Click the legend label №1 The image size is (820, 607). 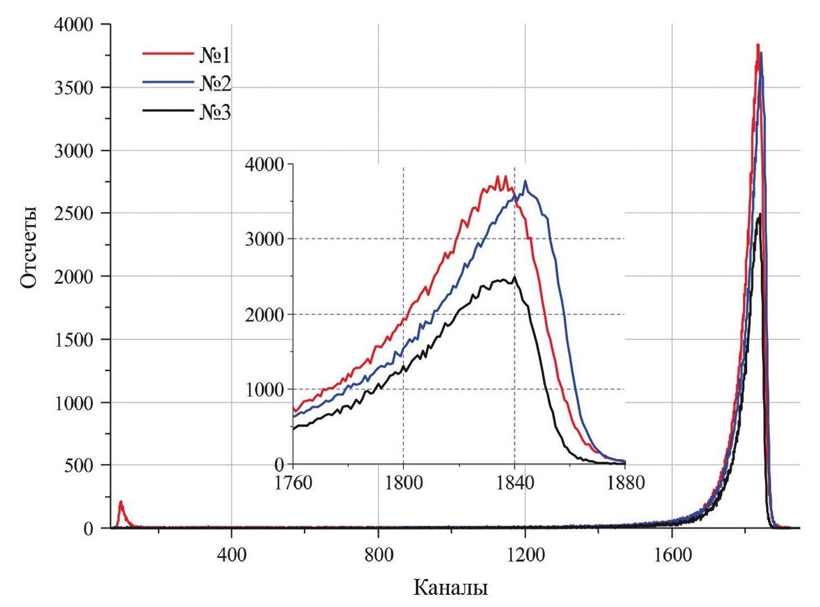[x=215, y=56]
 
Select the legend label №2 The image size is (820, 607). [x=215, y=84]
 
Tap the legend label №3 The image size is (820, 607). [x=215, y=112]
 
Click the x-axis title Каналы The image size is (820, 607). [x=451, y=587]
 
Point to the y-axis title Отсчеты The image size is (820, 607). [x=29, y=247]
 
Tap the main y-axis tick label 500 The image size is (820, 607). [x=79, y=466]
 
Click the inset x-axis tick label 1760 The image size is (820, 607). [x=294, y=483]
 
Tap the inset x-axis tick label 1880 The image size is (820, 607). [x=626, y=483]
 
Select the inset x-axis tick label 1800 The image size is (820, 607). [x=404, y=483]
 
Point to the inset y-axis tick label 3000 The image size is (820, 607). [x=265, y=239]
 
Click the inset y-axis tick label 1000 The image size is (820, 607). [x=265, y=390]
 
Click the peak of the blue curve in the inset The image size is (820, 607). [x=525, y=182]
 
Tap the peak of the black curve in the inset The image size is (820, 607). [x=514, y=277]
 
